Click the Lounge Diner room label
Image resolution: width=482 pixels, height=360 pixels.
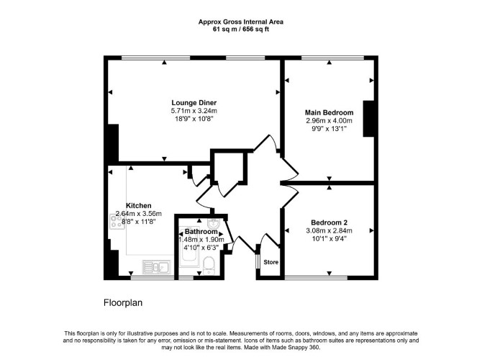tap(194, 103)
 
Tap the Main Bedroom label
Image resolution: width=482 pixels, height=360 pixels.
tap(329, 112)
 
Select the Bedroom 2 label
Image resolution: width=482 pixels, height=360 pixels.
tap(329, 222)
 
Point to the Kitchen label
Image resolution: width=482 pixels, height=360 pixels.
tap(139, 205)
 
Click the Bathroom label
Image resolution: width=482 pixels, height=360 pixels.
tap(201, 232)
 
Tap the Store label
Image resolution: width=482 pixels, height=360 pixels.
tap(270, 262)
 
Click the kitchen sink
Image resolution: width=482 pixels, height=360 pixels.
tap(156, 267)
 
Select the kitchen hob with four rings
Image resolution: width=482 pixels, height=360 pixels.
tap(117, 222)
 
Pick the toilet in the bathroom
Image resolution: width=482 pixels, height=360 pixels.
tap(209, 266)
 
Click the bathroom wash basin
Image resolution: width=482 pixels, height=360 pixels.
tap(213, 222)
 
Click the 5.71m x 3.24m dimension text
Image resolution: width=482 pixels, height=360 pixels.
tap(194, 111)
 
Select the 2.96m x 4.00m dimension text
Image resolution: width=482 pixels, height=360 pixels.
tap(329, 121)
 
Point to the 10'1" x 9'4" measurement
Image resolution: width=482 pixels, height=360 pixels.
tap(329, 238)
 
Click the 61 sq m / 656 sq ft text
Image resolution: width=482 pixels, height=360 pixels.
tap(241, 30)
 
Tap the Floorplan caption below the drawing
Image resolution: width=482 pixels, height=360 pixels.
tap(123, 303)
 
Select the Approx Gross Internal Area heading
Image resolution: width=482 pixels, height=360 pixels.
tap(241, 22)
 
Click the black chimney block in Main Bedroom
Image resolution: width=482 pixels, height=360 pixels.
tap(368, 119)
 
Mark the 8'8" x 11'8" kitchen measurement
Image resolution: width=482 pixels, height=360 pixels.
tap(139, 221)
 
